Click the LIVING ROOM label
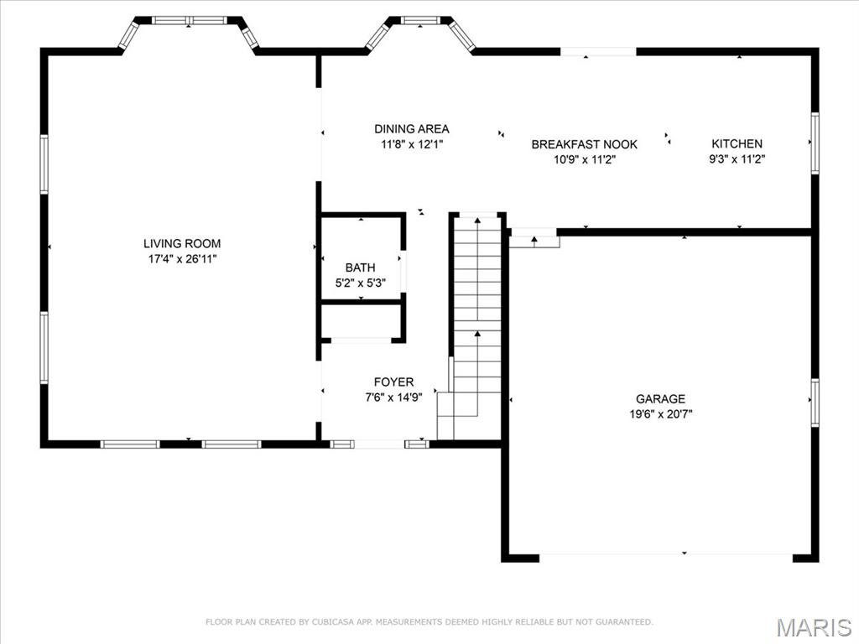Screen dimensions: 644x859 (182, 244)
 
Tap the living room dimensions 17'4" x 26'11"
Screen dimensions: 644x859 (182, 259)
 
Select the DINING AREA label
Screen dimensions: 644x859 (411, 129)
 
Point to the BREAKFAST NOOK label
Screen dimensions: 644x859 (584, 144)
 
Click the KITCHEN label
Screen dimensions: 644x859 (737, 143)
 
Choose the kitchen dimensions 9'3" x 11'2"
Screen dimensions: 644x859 (737, 158)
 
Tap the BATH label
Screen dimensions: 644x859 (361, 267)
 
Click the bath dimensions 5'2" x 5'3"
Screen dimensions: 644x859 (361, 283)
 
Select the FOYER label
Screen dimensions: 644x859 (393, 382)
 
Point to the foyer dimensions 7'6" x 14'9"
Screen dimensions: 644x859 (393, 397)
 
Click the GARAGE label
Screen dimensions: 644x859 (660, 399)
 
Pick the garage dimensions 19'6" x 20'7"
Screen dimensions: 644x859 (660, 414)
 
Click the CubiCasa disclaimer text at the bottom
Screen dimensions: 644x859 (429, 622)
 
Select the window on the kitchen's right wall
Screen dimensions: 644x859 (815, 143)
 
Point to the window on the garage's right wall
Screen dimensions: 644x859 (815, 402)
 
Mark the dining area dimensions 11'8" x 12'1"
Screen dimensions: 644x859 (411, 144)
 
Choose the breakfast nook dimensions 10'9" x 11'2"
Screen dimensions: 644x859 (584, 159)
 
